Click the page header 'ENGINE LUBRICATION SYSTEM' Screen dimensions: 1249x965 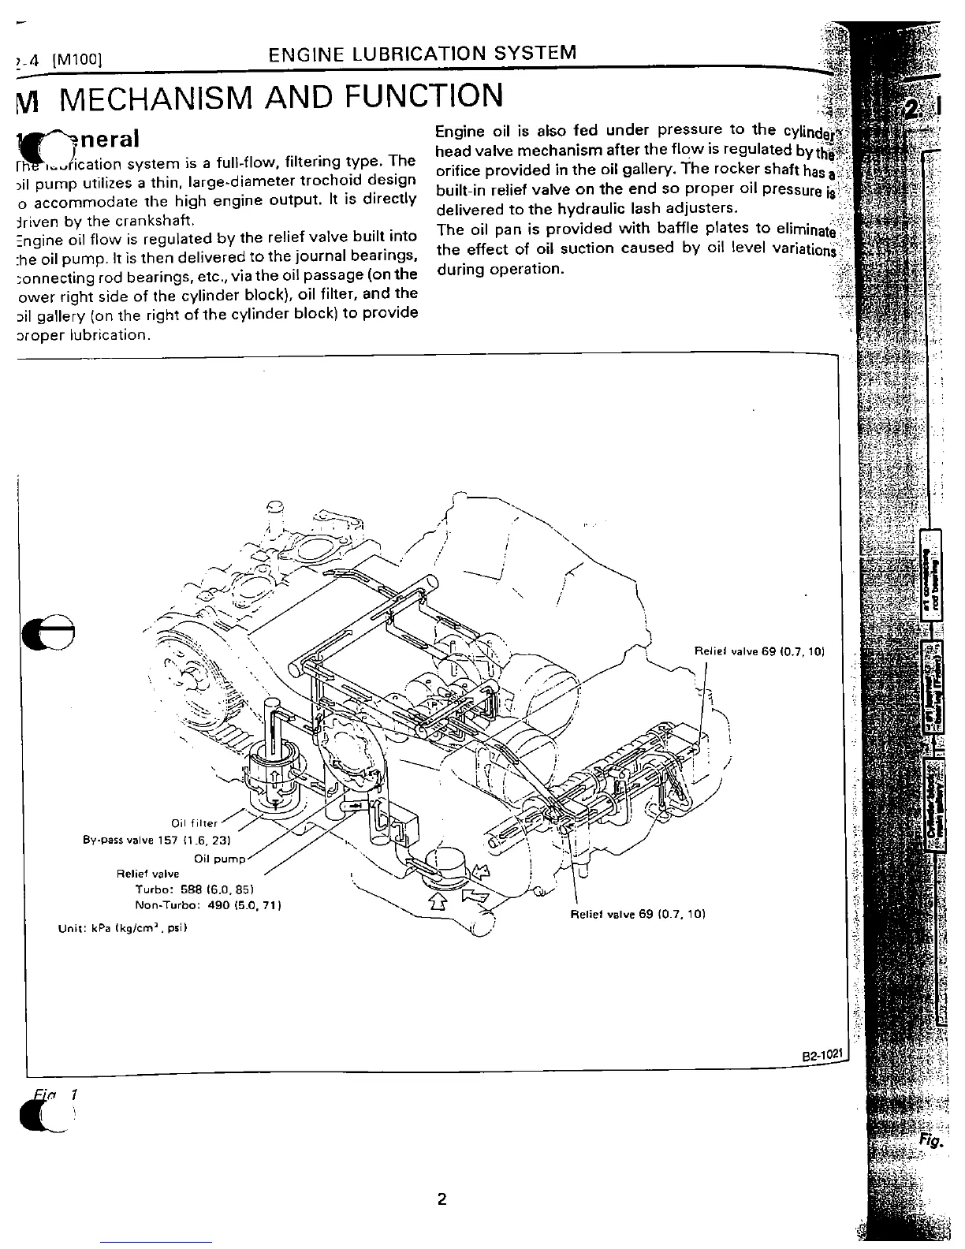tap(422, 54)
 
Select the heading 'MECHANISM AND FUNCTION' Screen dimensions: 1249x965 tap(281, 97)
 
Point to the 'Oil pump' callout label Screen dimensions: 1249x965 tap(220, 858)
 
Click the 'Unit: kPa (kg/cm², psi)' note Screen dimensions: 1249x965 tap(123, 928)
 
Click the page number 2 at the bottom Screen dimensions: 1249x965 tap(442, 1200)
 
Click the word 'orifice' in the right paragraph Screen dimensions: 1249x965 tap(460, 170)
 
